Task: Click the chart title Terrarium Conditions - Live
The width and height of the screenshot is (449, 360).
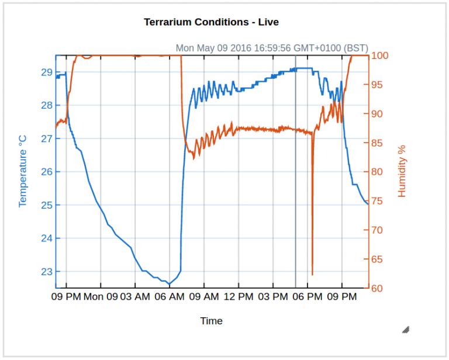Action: [211, 22]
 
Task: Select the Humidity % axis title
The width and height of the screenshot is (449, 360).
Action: [402, 171]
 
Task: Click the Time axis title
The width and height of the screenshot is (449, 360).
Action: [211, 321]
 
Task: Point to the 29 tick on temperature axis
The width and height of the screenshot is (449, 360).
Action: [46, 72]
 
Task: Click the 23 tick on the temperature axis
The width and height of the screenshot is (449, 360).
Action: [46, 272]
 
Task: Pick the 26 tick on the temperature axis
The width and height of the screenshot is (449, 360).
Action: [46, 172]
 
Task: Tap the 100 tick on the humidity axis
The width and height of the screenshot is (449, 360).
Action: [381, 56]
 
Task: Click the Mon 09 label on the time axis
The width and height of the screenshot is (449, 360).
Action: [101, 297]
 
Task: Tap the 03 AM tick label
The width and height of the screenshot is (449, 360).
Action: [135, 297]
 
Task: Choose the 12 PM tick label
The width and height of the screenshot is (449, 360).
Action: [239, 297]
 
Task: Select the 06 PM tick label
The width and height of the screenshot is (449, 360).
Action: [308, 297]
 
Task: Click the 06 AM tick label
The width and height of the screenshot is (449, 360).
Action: [170, 297]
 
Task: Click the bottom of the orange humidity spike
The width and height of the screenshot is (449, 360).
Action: [312, 274]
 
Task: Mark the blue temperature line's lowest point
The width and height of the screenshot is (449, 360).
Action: [169, 284]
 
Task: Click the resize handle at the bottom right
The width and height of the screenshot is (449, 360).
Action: [406, 330]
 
